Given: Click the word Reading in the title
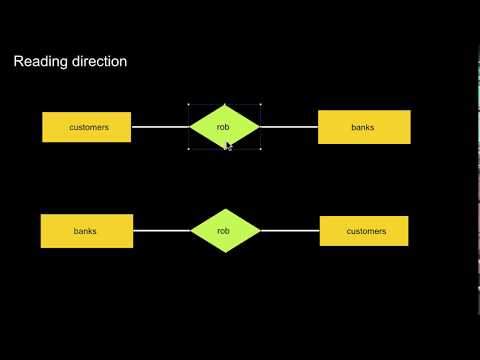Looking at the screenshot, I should pyautogui.click(x=37, y=62).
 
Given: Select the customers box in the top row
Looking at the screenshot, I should pyautogui.click(x=87, y=127).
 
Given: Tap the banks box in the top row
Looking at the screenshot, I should pyautogui.click(x=364, y=127).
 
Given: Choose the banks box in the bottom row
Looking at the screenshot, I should pyautogui.click(x=87, y=231).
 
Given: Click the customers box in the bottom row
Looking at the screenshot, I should pyautogui.click(x=364, y=231).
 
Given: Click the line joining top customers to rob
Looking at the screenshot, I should pyautogui.click(x=160, y=127).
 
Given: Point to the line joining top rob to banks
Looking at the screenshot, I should pyautogui.click(x=288, y=127).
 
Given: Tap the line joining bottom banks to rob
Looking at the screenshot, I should pyautogui.click(x=162, y=231).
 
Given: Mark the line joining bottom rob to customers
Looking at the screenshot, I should pyautogui.click(x=290, y=231).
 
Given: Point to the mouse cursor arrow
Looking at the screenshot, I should pyautogui.click(x=228, y=146).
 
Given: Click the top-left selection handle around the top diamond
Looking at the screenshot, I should pyautogui.click(x=189, y=104).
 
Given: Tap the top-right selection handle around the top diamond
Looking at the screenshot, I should pyautogui.click(x=260, y=104).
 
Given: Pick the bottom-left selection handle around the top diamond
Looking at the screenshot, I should pyautogui.click(x=189, y=151).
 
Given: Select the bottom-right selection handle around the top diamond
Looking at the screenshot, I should pyautogui.click(x=260, y=151).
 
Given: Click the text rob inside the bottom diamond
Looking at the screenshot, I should pyautogui.click(x=224, y=231).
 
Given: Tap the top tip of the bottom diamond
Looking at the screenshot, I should pyautogui.click(x=224, y=209).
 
